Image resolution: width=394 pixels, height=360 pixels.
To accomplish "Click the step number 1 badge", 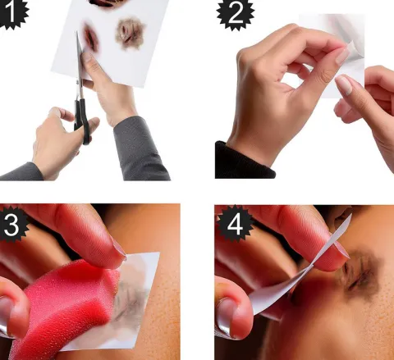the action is [x=12, y=12].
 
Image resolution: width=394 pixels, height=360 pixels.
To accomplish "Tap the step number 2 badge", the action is [x=236, y=14].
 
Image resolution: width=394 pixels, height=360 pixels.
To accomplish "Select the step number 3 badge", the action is [x=12, y=225].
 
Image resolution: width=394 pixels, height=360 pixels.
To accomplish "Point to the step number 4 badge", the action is [x=235, y=225].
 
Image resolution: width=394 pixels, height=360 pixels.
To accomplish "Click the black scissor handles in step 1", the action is [x=82, y=121].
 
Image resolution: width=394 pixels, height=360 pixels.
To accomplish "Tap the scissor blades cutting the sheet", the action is [x=80, y=60].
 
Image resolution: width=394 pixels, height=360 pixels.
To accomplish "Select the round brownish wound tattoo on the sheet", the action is [x=130, y=34].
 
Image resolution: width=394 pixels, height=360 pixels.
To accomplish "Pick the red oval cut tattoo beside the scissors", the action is [x=91, y=38].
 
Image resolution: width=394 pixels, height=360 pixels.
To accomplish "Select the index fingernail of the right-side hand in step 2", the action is [x=344, y=85].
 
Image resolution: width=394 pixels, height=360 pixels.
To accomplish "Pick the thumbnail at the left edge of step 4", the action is [x=224, y=318].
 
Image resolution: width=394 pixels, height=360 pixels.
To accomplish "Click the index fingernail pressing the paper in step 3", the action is [x=119, y=248].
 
